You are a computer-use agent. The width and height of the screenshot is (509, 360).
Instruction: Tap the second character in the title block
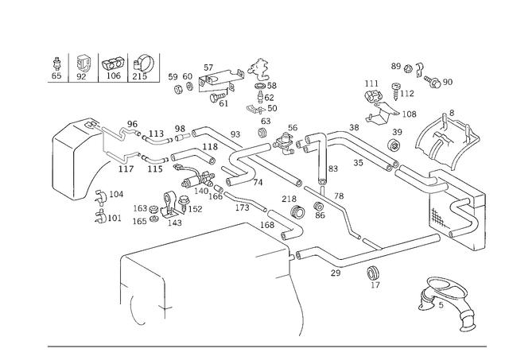pyautogui.click(x=82, y=67)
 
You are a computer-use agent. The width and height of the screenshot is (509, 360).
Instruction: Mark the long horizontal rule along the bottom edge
pyautogui.click(x=266, y=347)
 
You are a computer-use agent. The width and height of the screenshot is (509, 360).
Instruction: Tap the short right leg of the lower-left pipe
pyautogui.click(x=165, y=292)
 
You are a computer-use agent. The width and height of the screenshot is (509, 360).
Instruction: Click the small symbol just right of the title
pyautogui.click(x=177, y=76)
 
